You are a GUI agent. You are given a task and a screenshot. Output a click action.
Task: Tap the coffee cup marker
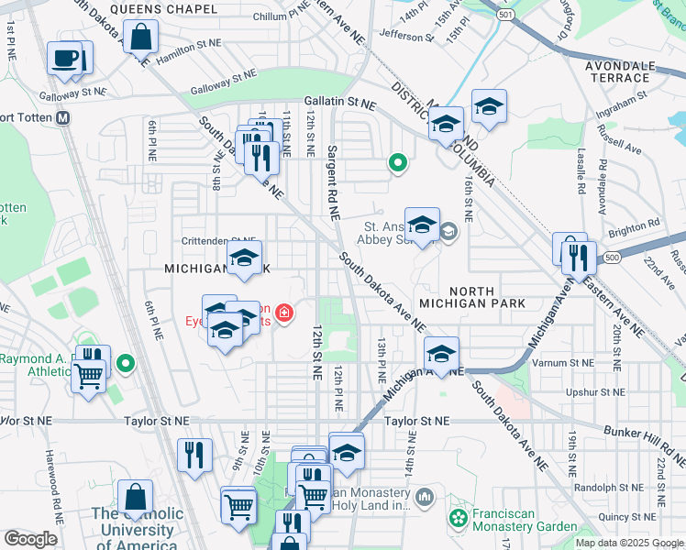[x=65, y=59]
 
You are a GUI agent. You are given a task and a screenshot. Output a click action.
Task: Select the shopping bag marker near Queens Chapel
[x=142, y=39]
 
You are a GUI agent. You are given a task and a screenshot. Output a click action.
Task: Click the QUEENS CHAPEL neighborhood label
[x=163, y=9]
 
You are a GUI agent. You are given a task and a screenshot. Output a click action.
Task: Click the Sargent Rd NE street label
[x=331, y=183]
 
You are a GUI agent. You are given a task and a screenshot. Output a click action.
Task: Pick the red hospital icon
[x=284, y=314]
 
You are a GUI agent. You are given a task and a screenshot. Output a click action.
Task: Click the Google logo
[x=30, y=538]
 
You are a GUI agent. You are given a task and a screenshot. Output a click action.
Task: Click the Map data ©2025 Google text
[x=629, y=543]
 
